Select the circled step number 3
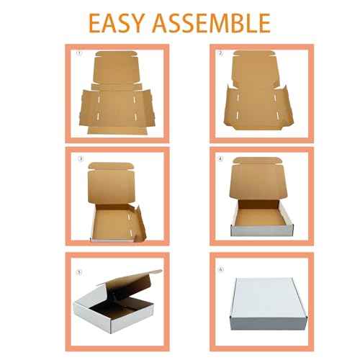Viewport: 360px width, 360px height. pos(81,158)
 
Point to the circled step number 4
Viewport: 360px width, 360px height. pos(221,158)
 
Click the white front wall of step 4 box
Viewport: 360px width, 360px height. pos(259,230)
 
